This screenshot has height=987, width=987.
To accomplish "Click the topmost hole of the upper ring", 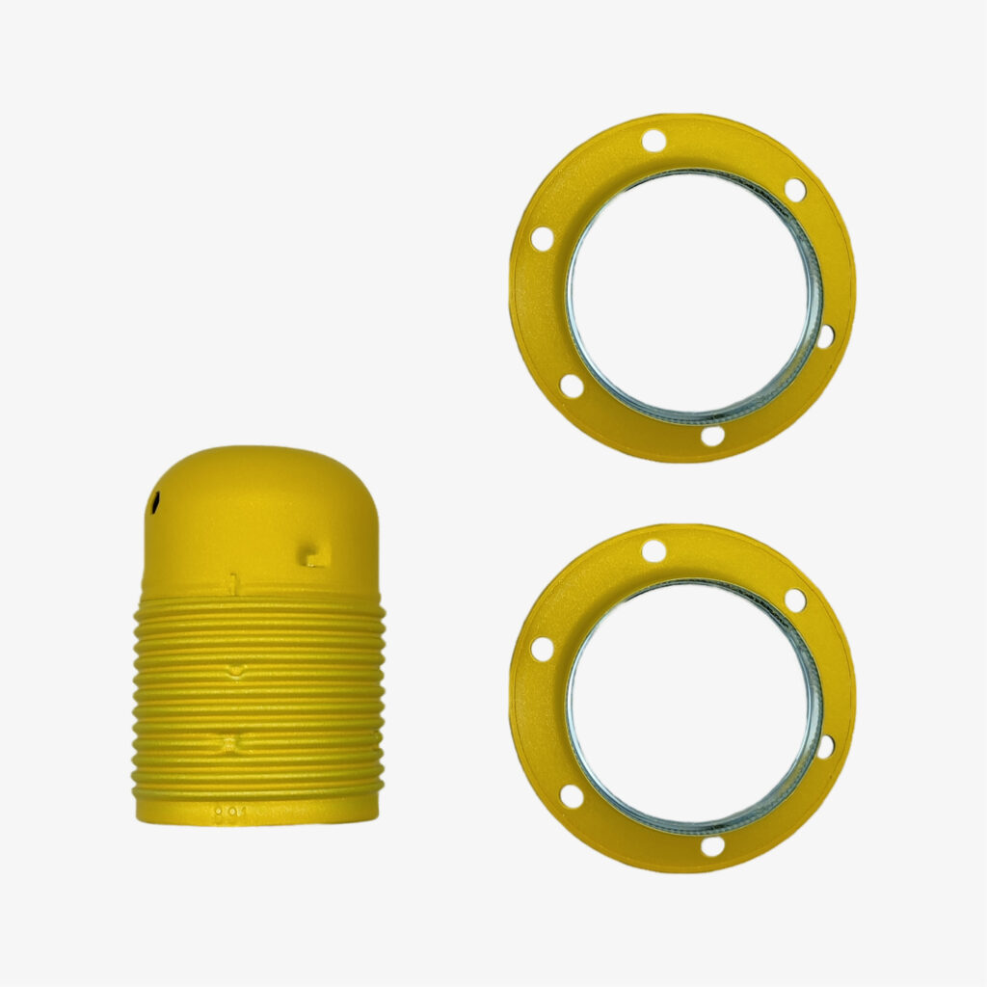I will click(x=654, y=141).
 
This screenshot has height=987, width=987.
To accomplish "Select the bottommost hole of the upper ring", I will click(x=712, y=436).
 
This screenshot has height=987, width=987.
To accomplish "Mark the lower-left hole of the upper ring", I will click(x=572, y=386).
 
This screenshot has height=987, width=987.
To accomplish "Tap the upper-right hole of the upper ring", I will click(x=795, y=190).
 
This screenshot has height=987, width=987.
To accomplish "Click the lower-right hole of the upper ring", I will click(x=825, y=336).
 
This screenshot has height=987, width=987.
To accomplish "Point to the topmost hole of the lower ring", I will click(x=654, y=551).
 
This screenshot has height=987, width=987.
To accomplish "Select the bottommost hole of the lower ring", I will click(x=712, y=846).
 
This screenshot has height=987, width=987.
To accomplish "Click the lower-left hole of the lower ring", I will click(x=572, y=796).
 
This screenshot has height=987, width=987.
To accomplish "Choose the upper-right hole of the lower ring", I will click(x=795, y=600).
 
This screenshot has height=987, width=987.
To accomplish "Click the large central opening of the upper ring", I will click(x=689, y=294).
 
